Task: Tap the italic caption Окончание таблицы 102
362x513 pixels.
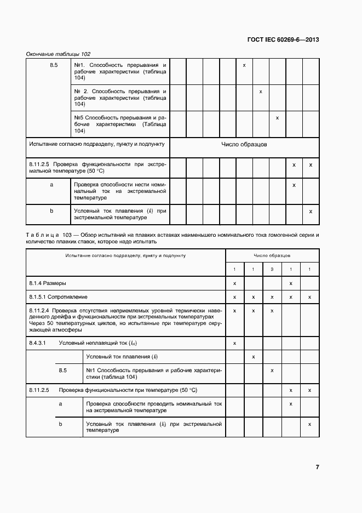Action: (x=58, y=54)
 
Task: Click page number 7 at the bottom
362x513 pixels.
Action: (x=317, y=467)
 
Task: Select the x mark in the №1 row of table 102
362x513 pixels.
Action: (x=244, y=66)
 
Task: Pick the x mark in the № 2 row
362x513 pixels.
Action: (x=261, y=92)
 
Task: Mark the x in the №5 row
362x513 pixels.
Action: (x=278, y=118)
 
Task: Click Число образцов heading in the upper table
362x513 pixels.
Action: (x=244, y=145)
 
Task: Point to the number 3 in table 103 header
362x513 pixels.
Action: (x=272, y=269)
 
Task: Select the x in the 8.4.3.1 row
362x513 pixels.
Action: (x=234, y=343)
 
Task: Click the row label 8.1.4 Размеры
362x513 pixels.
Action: (x=48, y=283)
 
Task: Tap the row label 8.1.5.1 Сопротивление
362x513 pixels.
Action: (x=58, y=297)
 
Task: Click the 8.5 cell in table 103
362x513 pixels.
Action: (x=62, y=371)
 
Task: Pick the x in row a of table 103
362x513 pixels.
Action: (x=291, y=403)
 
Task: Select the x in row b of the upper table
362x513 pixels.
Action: (x=311, y=211)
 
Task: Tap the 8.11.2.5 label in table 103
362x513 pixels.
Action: (x=39, y=390)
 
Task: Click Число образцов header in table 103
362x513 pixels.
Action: (x=272, y=255)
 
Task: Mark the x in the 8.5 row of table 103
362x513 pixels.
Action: (x=272, y=371)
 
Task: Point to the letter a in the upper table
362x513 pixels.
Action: (x=51, y=185)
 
